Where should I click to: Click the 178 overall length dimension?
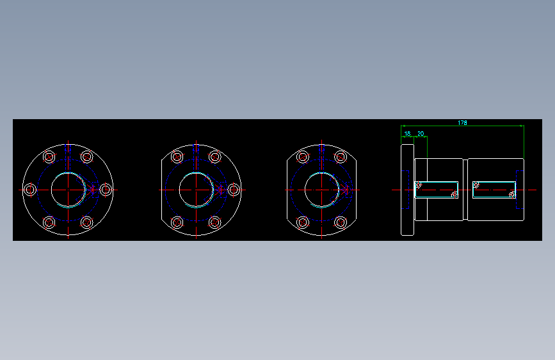click(x=462, y=122)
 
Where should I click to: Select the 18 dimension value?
click(x=407, y=134)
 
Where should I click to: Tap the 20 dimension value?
click(x=421, y=134)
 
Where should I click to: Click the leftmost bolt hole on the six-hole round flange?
click(x=29, y=190)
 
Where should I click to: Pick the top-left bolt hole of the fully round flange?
click(x=49, y=157)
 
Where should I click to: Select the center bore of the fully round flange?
click(x=68, y=190)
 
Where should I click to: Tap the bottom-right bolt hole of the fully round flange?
click(x=87, y=222)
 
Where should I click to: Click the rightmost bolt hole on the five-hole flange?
click(x=234, y=190)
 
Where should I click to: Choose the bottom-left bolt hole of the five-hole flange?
click(x=177, y=222)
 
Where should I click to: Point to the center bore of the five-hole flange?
click(x=196, y=190)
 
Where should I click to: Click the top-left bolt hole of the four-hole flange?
click(x=303, y=157)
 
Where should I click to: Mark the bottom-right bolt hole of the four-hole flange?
click(x=341, y=222)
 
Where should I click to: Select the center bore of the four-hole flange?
click(x=321, y=190)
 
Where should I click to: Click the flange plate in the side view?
click(x=407, y=190)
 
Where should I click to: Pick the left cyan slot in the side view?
click(x=437, y=190)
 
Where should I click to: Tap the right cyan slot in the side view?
click(x=494, y=190)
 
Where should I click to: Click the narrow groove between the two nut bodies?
click(x=465, y=190)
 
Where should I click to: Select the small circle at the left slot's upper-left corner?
click(x=418, y=185)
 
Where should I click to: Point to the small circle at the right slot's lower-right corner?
click(x=512, y=195)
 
